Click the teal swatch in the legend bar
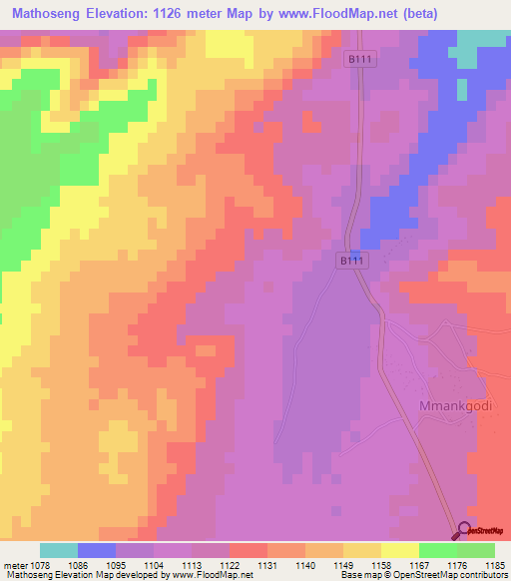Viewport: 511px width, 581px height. point(59,550)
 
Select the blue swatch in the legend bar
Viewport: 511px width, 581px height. point(97,550)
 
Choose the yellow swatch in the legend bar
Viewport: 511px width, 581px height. point(400,550)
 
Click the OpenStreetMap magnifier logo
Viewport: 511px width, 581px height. point(464,532)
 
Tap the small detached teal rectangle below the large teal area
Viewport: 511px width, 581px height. point(461,87)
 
